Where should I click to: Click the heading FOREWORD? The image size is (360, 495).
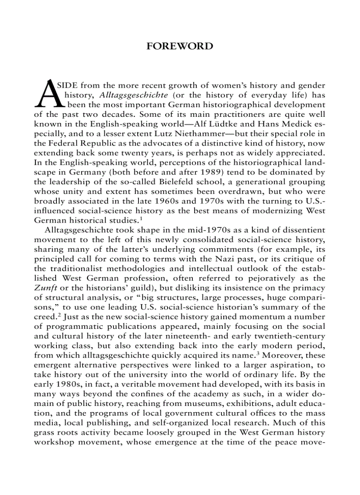180,46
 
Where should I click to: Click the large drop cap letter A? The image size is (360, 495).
48,94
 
